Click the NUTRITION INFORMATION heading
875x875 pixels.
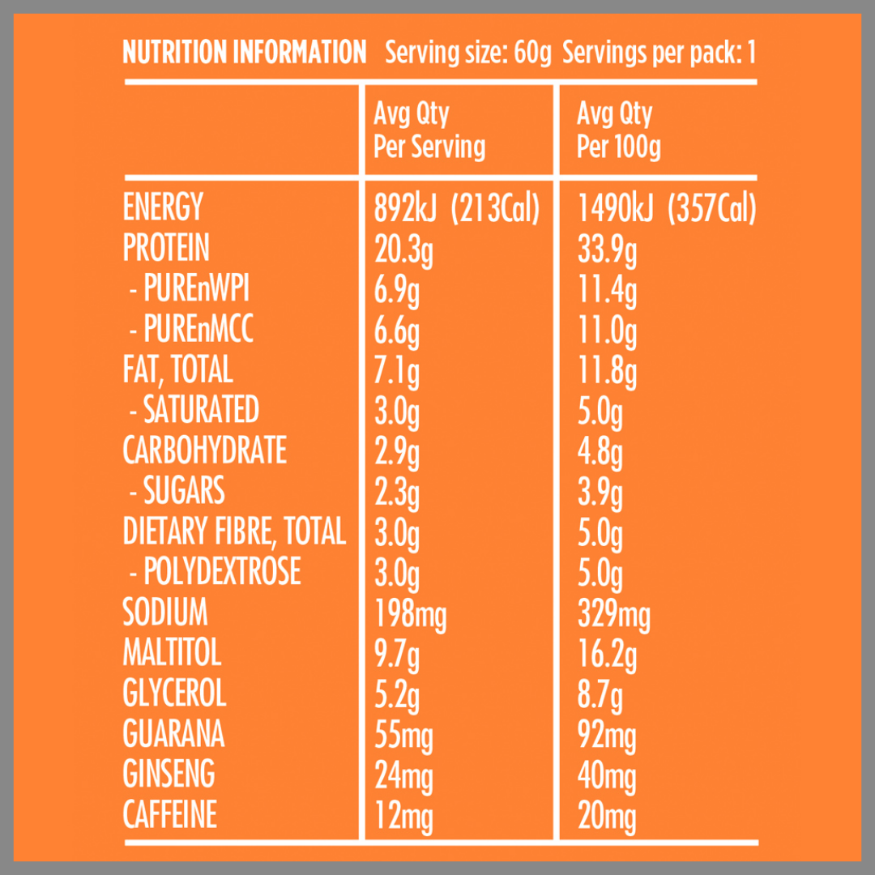[x=244, y=53]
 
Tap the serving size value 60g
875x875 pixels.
[x=532, y=54]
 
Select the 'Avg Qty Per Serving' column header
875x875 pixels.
[x=429, y=130]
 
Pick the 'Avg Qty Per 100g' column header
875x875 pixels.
[x=619, y=130]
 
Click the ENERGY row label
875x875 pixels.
[x=162, y=208]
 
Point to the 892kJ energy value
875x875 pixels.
[x=405, y=209]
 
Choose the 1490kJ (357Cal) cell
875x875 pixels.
[x=666, y=209]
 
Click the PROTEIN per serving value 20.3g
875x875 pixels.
[x=403, y=250]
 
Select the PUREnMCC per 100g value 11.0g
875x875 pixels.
[x=607, y=331]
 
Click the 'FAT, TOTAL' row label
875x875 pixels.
[x=177, y=370]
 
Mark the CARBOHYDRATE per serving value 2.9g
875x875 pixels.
[x=397, y=451]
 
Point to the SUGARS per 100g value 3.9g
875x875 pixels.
[x=600, y=492]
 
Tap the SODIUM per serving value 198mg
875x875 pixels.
[x=410, y=614]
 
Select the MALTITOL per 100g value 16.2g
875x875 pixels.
[x=607, y=655]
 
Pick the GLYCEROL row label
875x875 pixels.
[x=174, y=694]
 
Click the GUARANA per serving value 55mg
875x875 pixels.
[x=403, y=736]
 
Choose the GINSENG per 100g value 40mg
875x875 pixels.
[x=607, y=776]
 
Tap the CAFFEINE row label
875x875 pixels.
[x=169, y=815]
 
